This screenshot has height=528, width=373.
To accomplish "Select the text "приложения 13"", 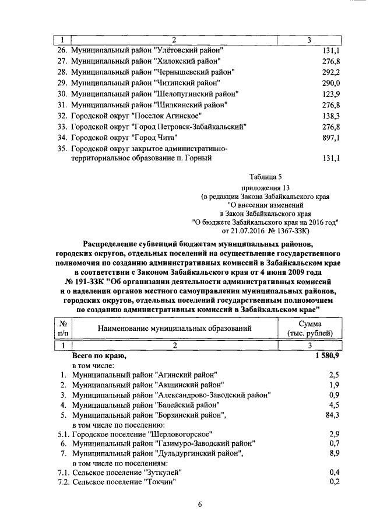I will point(265,188).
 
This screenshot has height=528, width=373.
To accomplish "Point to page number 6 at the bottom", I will point(199,505).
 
